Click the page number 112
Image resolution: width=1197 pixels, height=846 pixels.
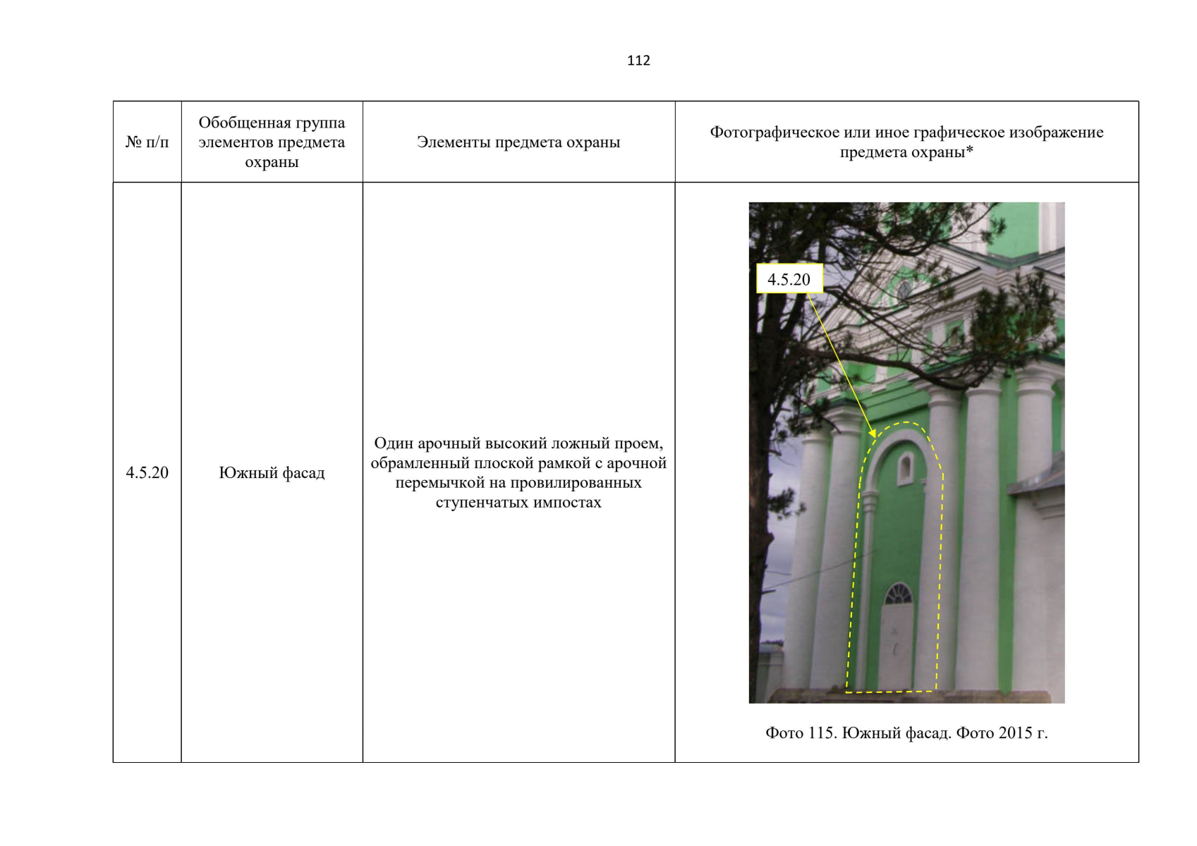pyautogui.click(x=638, y=61)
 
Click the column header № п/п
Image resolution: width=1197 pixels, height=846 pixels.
pyautogui.click(x=147, y=142)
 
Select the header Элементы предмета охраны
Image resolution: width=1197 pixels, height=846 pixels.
pyautogui.click(x=518, y=142)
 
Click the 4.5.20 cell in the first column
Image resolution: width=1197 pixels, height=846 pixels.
pyautogui.click(x=147, y=472)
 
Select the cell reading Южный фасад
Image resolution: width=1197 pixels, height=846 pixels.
pyautogui.click(x=272, y=472)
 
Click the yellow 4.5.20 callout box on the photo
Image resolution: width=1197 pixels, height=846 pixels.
pyautogui.click(x=789, y=278)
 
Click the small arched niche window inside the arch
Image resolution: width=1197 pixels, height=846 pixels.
pyautogui.click(x=905, y=467)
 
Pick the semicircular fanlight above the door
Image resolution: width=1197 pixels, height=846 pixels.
pyautogui.click(x=899, y=594)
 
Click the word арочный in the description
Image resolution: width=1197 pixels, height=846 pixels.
pyautogui.click(x=449, y=444)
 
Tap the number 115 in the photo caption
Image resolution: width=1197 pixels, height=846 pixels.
pyautogui.click(x=821, y=732)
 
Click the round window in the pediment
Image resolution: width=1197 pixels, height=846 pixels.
pyautogui.click(x=904, y=290)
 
